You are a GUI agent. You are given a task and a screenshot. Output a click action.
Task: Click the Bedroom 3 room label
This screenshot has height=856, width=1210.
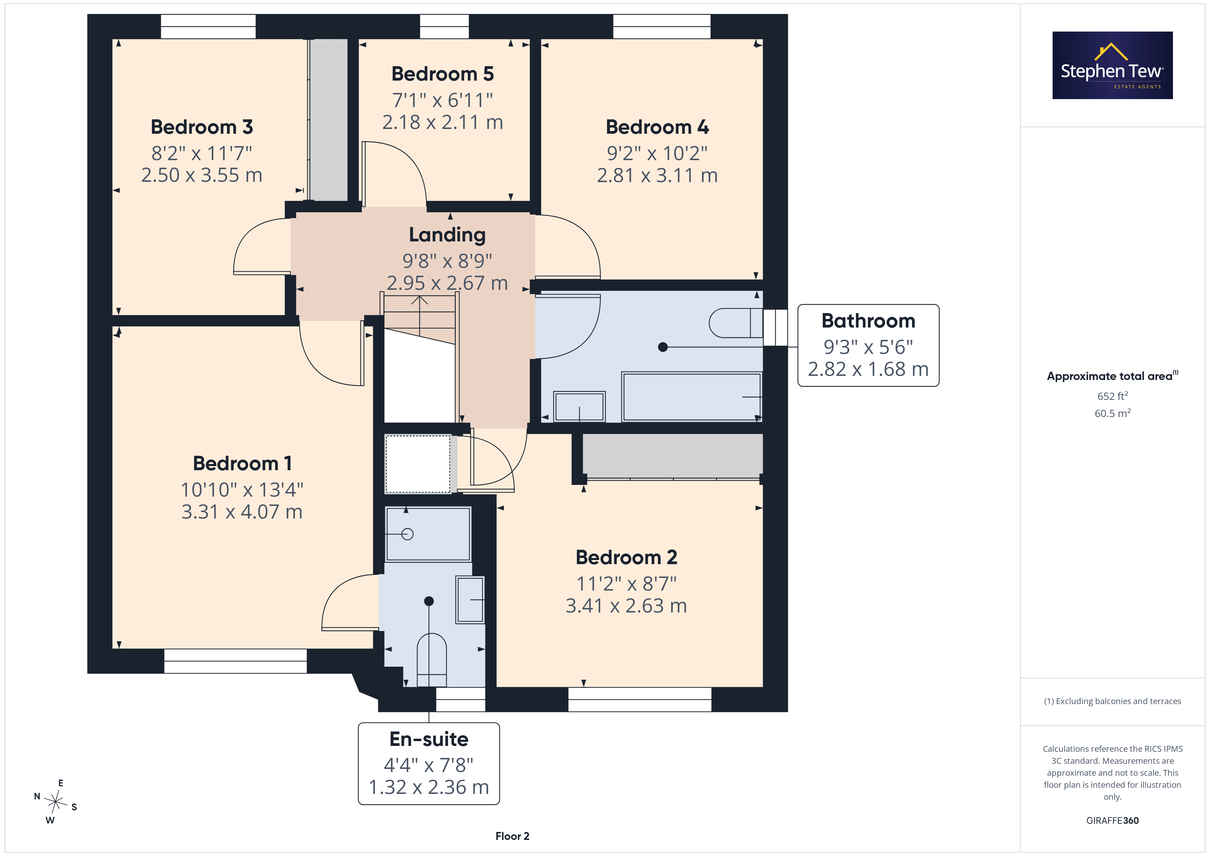[202, 127]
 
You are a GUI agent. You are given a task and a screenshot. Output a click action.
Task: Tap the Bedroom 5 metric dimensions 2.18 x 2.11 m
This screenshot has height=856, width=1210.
[443, 122]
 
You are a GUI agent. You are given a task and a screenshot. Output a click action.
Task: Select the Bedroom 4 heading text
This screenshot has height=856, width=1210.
[657, 127]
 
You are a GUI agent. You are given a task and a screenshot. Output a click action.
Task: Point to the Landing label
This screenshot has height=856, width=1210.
[447, 235]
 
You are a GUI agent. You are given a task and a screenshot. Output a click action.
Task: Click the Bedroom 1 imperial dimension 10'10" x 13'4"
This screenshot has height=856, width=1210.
[242, 490]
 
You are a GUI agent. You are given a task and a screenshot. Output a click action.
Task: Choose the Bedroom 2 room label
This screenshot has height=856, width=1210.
[626, 557]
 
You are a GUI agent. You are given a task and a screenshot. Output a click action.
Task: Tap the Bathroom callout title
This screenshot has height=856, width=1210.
[868, 320]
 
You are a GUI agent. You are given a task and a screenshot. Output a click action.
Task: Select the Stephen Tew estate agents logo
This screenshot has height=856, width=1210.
[1113, 66]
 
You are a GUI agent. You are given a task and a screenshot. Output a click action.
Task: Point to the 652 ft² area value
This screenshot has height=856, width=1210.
[1113, 396]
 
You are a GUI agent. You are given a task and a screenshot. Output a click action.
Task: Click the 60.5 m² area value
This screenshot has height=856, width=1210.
[1113, 413]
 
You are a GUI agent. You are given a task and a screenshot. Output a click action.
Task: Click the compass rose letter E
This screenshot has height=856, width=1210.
[61, 783]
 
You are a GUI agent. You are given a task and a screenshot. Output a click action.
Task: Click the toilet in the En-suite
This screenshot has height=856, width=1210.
[431, 660]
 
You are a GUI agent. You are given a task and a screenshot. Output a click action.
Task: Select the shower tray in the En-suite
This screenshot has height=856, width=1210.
[428, 534]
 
